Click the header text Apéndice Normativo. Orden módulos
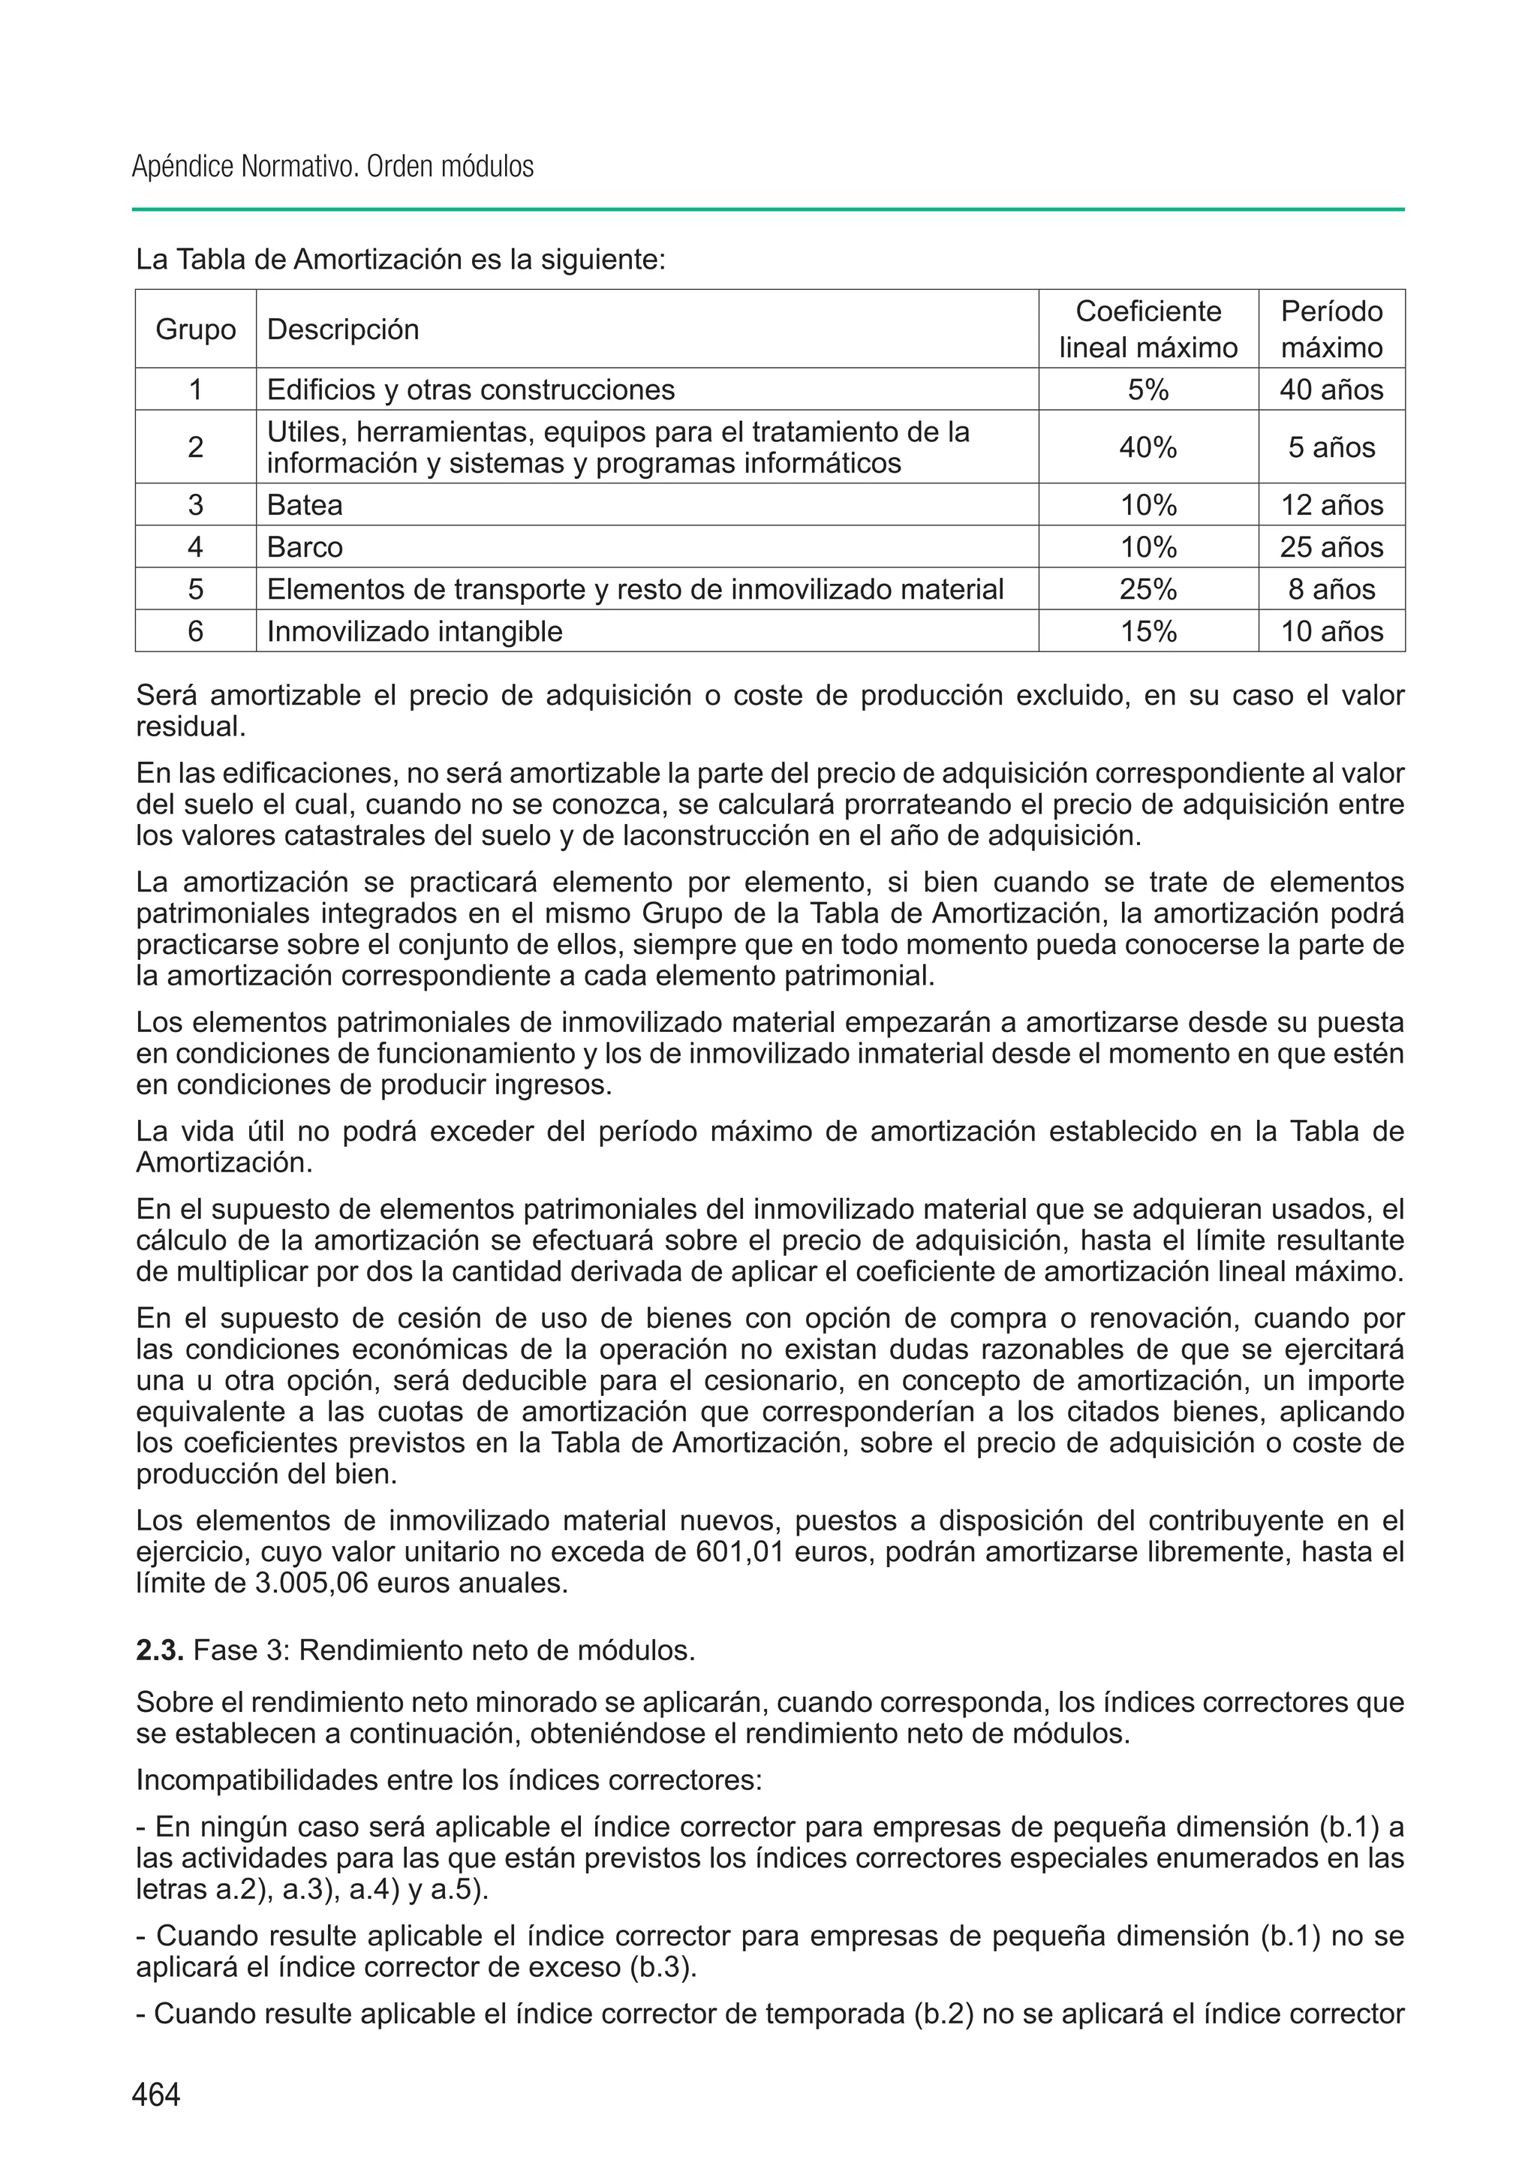coord(332,167)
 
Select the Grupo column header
coord(196,329)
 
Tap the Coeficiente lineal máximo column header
coord(1147,329)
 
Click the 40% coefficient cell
coord(1147,447)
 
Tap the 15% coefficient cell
coord(1147,632)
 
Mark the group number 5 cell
coord(196,589)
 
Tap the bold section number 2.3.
coord(160,1650)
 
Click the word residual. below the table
coord(191,728)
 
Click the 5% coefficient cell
coord(1147,390)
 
